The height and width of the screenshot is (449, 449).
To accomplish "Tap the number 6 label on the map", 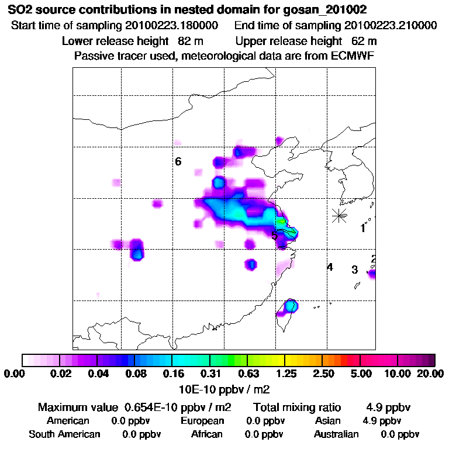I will point(178,161).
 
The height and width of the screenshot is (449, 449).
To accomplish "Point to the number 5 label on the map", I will point(274,236).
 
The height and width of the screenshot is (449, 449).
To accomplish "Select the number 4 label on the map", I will point(330,267).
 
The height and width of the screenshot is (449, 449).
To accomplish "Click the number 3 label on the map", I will point(354,270).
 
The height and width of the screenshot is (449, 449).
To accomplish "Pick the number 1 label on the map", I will point(362,229).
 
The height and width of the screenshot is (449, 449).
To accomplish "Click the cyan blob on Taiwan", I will point(291,306).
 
